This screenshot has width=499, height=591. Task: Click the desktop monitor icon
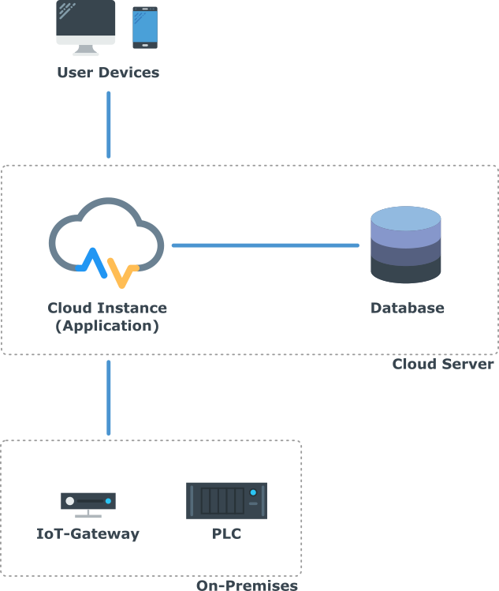[85, 25]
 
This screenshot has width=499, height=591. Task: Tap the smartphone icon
[144, 28]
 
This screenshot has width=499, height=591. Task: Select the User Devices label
[108, 73]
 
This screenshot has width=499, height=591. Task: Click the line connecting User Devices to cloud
[109, 125]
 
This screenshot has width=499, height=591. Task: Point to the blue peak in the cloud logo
[92, 259]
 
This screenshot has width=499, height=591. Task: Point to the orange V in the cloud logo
[122, 273]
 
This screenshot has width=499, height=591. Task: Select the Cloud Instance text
[107, 308]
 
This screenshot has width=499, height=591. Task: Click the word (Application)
[107, 325]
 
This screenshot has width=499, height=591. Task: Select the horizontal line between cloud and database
[265, 245]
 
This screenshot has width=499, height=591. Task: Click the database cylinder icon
[406, 245]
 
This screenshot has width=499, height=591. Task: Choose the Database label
[408, 308]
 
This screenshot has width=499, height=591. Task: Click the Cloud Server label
[442, 364]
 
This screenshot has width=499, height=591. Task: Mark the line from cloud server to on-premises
[109, 398]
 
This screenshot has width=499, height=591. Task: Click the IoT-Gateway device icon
[88, 503]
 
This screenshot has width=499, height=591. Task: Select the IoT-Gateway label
[88, 533]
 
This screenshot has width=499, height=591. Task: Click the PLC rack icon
[226, 500]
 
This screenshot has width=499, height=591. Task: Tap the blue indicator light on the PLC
[253, 492]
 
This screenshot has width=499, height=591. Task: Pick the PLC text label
[227, 533]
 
